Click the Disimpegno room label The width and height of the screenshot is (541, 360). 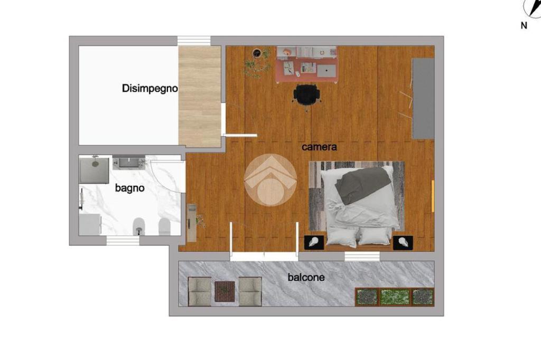click(150, 89)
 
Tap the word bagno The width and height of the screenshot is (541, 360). click(129, 188)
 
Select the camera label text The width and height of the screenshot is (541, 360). click(319, 147)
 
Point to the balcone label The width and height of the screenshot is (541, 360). click(306, 277)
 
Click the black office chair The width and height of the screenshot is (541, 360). click(307, 95)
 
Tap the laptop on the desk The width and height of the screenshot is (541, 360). click(327, 71)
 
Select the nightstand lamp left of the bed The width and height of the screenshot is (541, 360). click(314, 242)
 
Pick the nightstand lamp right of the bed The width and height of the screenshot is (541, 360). click(403, 243)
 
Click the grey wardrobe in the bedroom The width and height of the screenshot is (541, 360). click(423, 99)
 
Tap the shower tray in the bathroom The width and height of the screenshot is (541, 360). click(94, 170)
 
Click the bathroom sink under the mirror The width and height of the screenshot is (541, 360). click(129, 162)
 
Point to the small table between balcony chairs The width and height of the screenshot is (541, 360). click(225, 292)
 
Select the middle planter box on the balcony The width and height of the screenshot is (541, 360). click(395, 297)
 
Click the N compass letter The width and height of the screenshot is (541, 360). click(524, 25)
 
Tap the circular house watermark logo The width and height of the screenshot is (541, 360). click(270, 181)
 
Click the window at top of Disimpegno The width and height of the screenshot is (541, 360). click(194, 41)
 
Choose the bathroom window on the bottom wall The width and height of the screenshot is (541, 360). click(123, 241)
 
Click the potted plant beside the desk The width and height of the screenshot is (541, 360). click(257, 62)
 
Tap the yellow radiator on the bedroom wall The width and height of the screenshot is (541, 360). click(433, 196)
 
